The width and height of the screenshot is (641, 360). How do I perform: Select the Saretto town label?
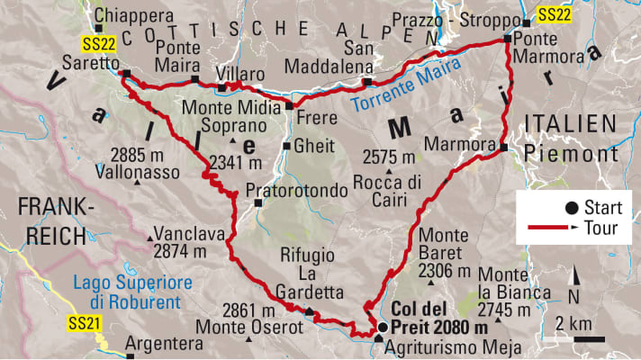(x=91, y=65)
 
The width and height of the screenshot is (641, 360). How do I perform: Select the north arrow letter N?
(x=573, y=294)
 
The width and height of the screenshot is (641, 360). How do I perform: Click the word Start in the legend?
(x=602, y=207)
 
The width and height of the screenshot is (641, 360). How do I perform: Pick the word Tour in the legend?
(x=600, y=229)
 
